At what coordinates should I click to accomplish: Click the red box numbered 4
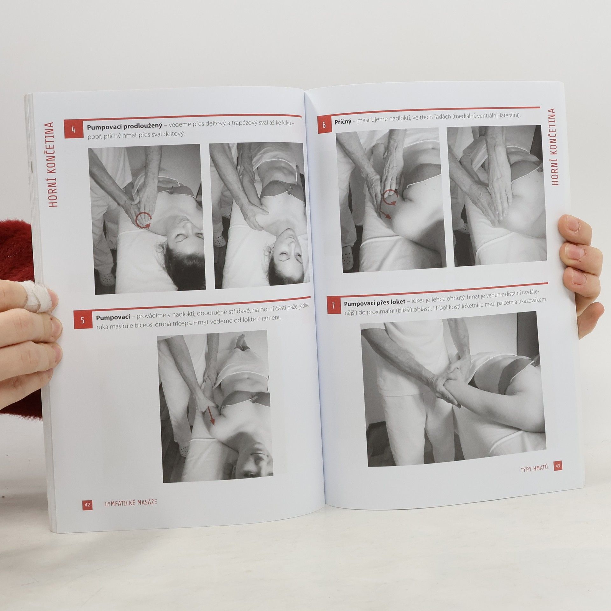pos(73,130)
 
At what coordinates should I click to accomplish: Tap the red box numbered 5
pos(83,320)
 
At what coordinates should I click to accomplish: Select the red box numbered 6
pos(324,125)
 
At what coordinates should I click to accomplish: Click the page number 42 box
pos(87,504)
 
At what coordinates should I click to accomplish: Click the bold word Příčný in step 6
pos(343,122)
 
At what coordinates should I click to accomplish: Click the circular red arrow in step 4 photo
pos(143,220)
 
